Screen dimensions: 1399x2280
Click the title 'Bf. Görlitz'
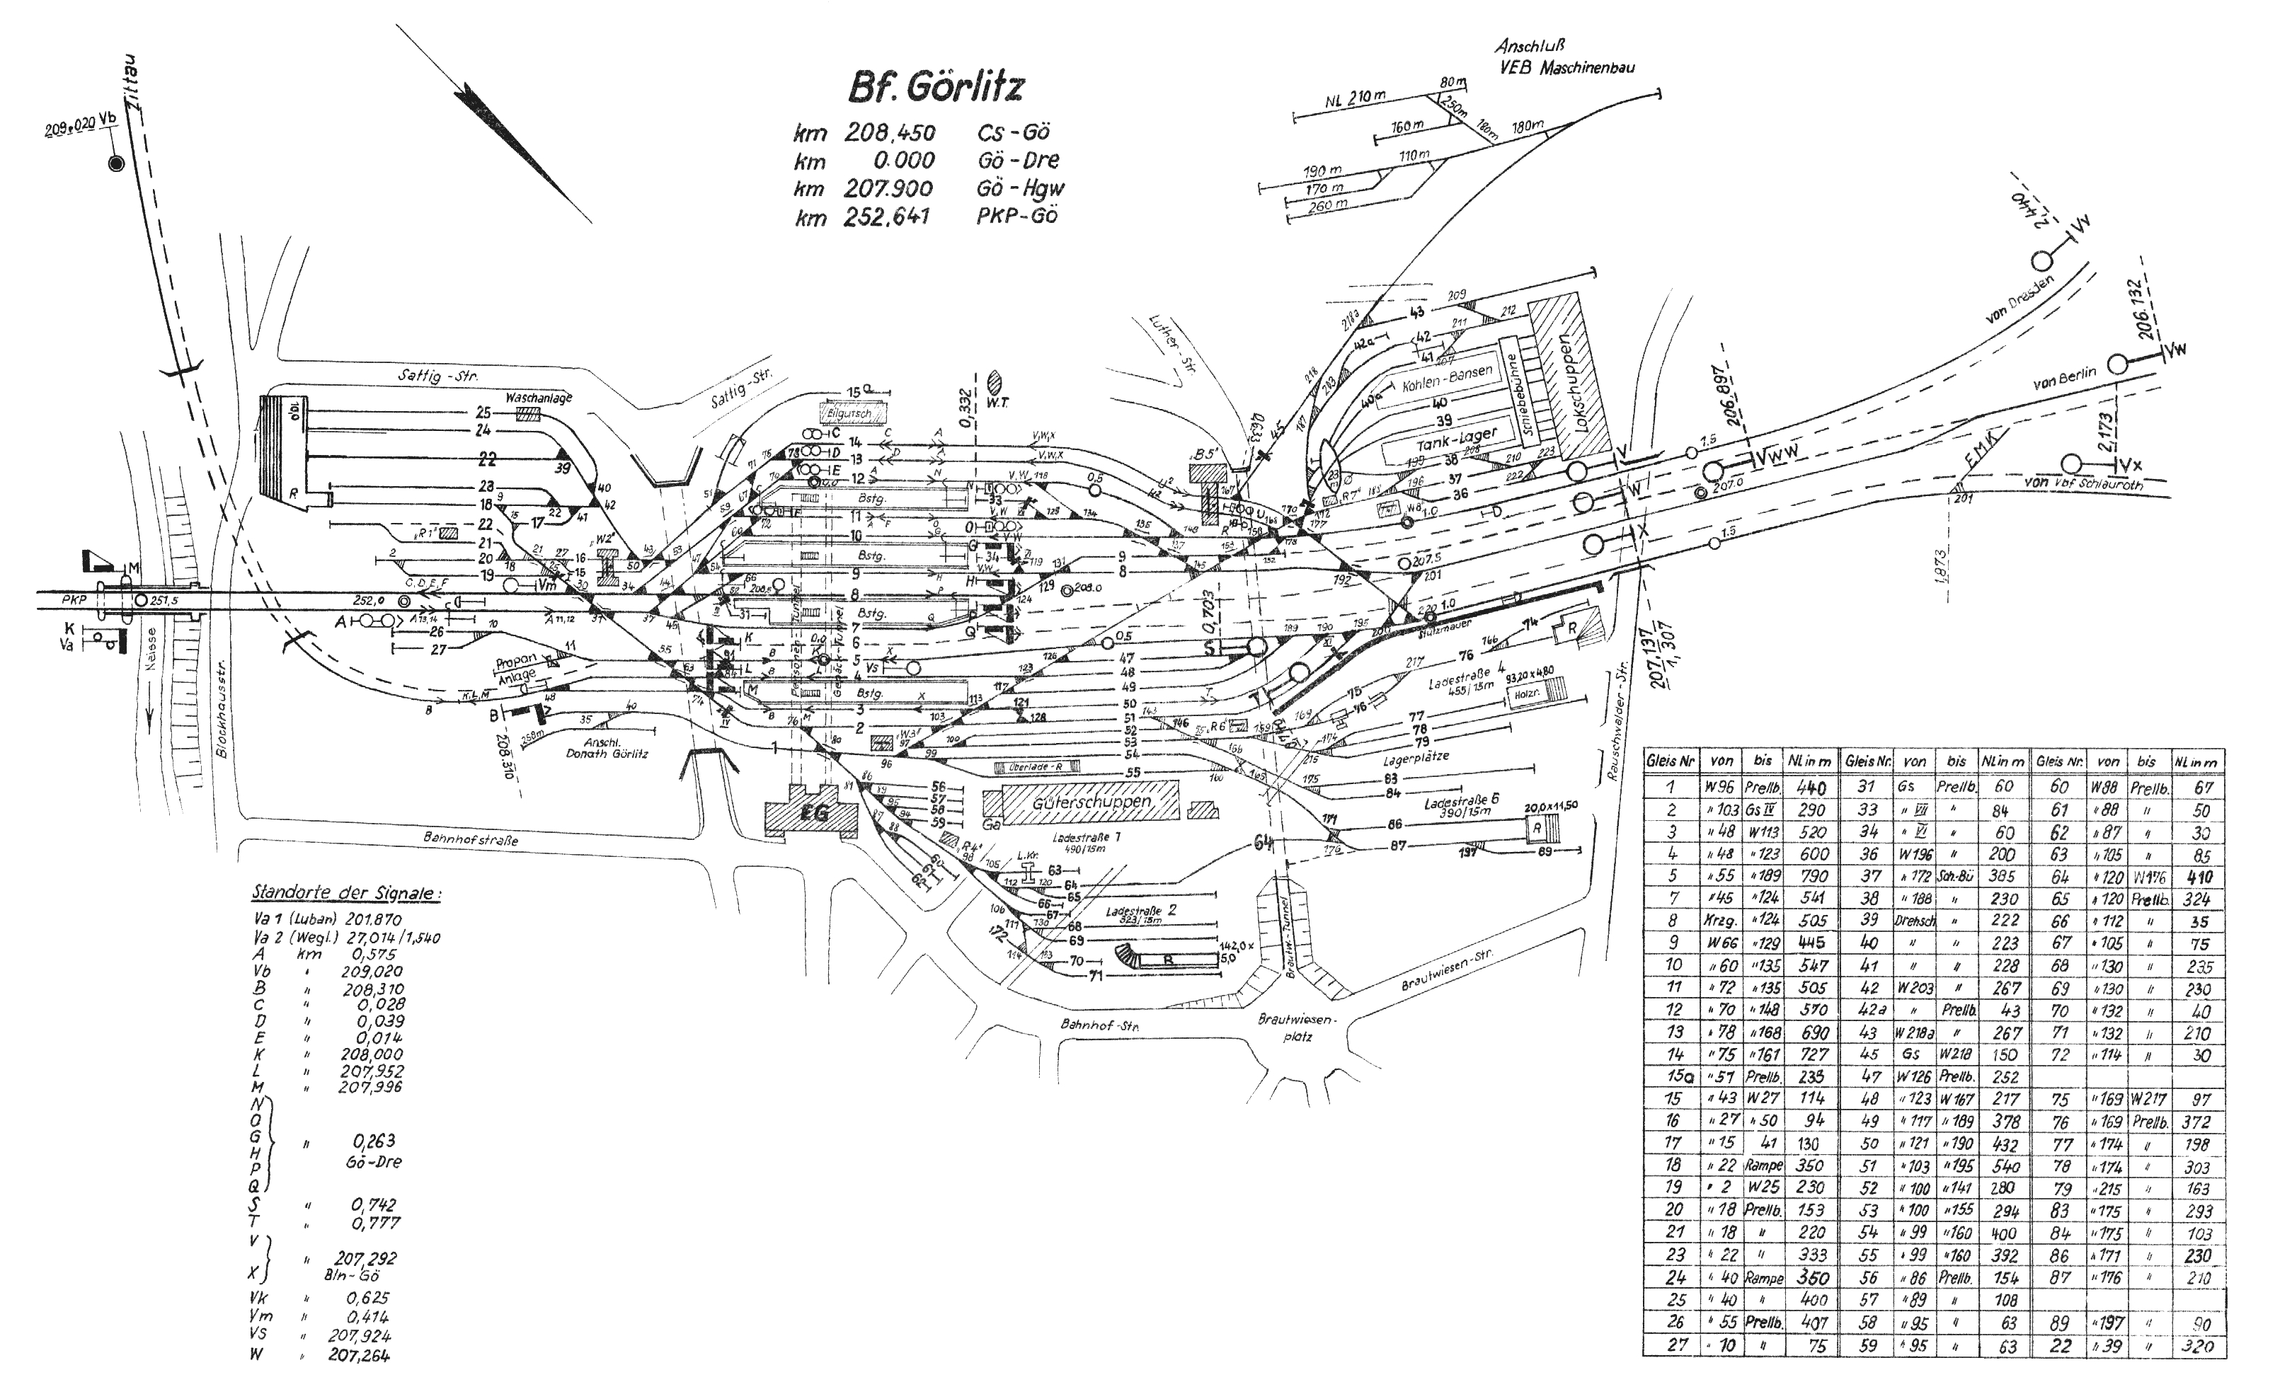pos(936,87)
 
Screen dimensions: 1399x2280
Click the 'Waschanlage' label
pos(539,398)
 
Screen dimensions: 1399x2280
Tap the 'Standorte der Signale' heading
pos(346,894)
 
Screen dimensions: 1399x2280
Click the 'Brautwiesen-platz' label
pos(1299,1027)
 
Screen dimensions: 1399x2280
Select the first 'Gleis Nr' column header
pos(1671,762)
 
